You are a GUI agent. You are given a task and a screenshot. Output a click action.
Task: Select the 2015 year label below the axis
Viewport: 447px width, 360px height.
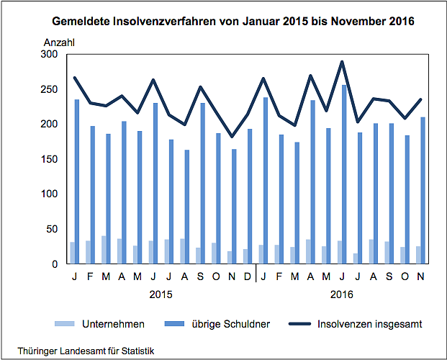161,294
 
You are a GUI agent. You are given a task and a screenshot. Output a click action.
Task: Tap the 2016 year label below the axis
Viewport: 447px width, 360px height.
342,294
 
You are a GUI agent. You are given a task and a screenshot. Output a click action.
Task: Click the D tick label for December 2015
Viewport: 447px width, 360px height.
247,276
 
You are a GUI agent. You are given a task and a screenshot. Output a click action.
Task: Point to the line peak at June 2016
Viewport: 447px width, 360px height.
342,62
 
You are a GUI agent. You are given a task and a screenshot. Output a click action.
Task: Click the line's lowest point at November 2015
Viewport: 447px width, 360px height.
232,137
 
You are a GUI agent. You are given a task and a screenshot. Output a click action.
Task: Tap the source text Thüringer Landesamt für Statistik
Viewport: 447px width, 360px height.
81,351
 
